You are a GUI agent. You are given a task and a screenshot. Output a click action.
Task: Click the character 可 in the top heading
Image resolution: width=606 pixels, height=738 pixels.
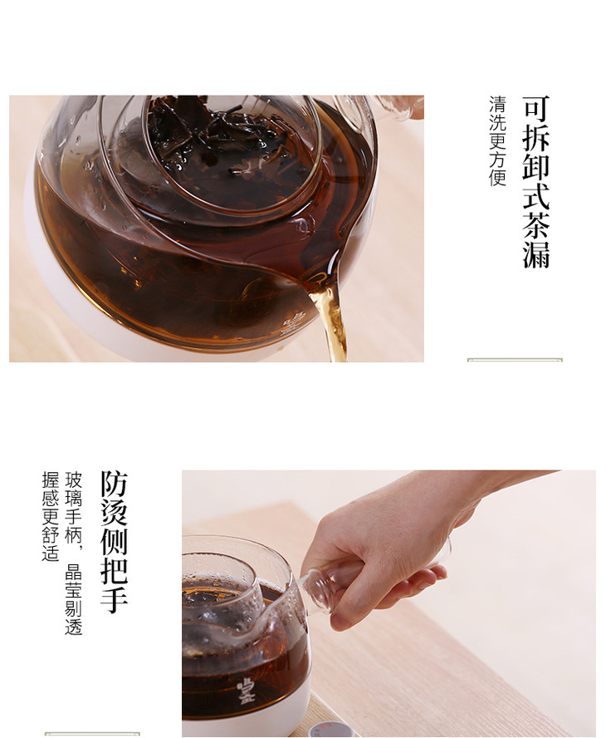coord(536,108)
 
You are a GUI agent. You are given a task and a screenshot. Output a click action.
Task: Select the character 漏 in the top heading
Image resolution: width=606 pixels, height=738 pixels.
coord(536,254)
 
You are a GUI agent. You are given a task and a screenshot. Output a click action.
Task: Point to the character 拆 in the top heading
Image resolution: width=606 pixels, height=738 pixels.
coord(536,137)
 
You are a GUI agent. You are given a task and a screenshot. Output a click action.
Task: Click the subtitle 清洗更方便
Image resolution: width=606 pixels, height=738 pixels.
coord(497,141)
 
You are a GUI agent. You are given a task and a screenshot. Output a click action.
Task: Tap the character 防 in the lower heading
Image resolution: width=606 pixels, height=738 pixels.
coord(115,484)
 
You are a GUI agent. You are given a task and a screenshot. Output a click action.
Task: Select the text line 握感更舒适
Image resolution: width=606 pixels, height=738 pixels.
coord(51,516)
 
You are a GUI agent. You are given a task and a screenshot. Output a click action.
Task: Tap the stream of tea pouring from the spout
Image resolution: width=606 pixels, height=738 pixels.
coord(332,320)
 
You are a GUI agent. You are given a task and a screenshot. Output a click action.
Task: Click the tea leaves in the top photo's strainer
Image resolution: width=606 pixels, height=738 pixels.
coord(226,141)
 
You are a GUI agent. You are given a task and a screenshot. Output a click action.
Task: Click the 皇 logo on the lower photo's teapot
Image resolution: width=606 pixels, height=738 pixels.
coord(246,691)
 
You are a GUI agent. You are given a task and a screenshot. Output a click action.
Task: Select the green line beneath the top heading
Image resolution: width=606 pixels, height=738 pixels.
coord(515,360)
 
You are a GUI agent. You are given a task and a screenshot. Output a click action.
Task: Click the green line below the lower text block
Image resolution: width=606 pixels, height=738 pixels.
coord(93,733)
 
